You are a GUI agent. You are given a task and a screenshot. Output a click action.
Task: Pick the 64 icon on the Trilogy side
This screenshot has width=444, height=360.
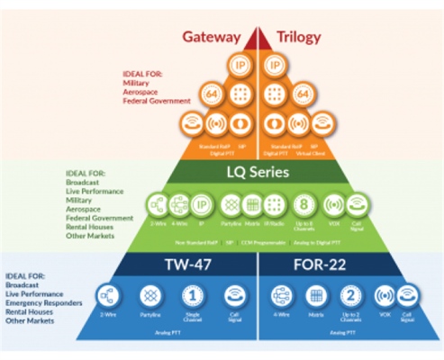(x=304, y=94)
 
